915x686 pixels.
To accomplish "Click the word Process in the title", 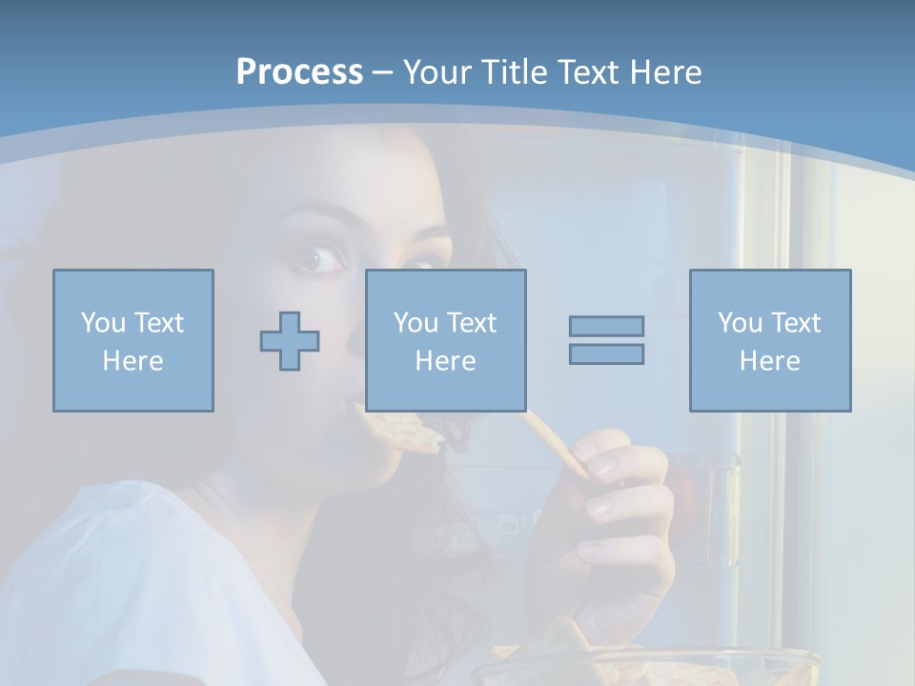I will [299, 72].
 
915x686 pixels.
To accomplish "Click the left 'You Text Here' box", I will [133, 341].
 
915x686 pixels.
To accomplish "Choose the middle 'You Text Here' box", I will [446, 341].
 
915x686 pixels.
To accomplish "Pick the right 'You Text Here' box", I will [770, 341].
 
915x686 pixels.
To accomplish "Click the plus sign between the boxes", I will [290, 341].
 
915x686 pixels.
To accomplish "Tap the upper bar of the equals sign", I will [606, 326].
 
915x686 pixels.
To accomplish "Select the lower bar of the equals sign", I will [606, 353].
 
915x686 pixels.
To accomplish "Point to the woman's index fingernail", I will [602, 464].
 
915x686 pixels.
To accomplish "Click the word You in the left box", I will [100, 323].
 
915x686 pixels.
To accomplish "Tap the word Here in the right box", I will [770, 361].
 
